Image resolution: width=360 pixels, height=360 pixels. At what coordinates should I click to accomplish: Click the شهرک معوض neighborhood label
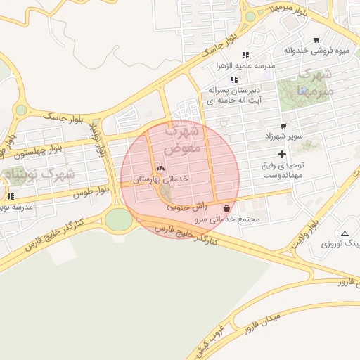coord(182,140)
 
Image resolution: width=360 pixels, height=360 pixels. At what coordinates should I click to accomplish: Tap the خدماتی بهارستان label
coord(162,180)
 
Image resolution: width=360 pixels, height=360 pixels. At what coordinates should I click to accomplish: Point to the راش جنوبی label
coord(187,207)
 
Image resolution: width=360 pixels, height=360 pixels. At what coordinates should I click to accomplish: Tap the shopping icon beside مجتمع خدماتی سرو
coord(226,208)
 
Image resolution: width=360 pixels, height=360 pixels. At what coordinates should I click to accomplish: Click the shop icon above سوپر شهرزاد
coord(283,124)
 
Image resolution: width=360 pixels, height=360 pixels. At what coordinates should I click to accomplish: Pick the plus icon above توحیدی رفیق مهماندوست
coord(283,153)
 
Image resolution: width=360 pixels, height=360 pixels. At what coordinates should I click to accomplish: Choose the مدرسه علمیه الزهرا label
coord(246,65)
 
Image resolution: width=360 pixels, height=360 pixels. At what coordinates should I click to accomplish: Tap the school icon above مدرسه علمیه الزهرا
coord(245,54)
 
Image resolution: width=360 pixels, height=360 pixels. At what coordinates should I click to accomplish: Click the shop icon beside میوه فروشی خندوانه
coord(316,39)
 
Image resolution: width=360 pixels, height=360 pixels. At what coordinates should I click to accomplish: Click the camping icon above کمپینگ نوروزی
coord(344,233)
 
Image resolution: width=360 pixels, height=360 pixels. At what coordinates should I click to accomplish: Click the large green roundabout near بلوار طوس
coord(119,219)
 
